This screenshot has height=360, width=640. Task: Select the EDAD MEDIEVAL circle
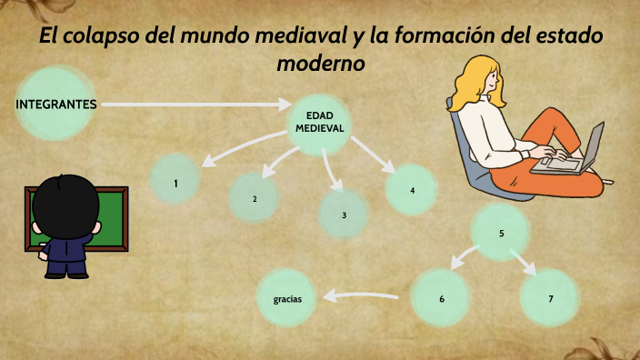pos(320,124)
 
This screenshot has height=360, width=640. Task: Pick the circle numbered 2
pos(255,198)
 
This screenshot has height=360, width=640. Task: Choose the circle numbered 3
pos(344,215)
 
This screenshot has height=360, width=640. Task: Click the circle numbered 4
pos(412,190)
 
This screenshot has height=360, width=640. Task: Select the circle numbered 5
pos(501,234)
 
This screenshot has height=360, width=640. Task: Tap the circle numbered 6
pos(441,298)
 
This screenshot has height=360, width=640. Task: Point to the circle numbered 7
pos(550,298)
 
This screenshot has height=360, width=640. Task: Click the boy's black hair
pos(65,205)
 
